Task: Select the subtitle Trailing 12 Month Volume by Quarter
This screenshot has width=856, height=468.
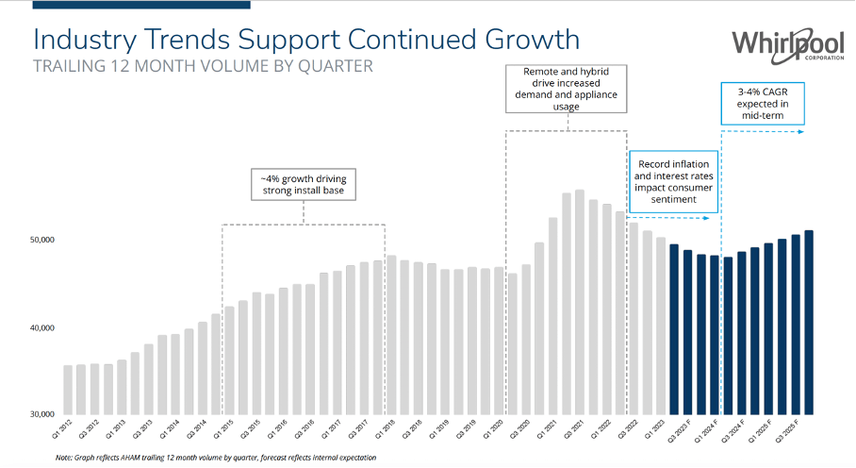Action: click(x=203, y=66)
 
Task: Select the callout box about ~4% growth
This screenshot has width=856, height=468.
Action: click(x=303, y=185)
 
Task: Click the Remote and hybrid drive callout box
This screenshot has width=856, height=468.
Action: click(x=566, y=88)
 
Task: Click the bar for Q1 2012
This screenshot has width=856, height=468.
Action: click(x=68, y=390)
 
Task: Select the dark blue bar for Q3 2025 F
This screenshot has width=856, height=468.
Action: click(x=809, y=322)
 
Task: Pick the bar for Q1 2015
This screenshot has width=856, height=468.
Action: click(x=229, y=359)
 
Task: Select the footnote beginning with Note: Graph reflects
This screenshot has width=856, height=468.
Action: click(x=216, y=458)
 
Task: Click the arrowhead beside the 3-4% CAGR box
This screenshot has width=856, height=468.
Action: click(x=801, y=132)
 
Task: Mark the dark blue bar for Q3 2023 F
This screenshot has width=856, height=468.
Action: click(x=674, y=329)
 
